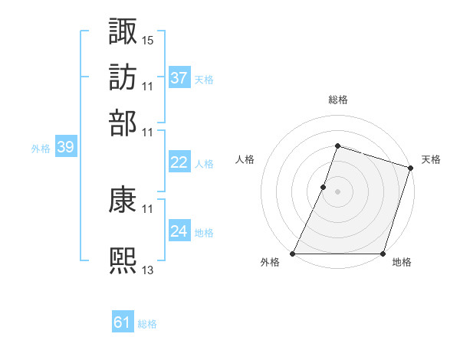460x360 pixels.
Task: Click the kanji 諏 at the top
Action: (123, 32)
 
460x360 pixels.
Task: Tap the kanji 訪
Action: (123, 78)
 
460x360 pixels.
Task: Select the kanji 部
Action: (123, 123)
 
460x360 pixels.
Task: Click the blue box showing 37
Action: (179, 77)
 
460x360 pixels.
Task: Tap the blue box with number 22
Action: (179, 162)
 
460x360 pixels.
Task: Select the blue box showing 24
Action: (179, 231)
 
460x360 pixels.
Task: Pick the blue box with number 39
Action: (65, 148)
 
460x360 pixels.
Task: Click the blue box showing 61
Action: (123, 322)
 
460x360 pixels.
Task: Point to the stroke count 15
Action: (148, 38)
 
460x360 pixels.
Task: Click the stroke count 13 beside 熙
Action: (148, 268)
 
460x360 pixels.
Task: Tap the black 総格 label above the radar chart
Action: (337, 100)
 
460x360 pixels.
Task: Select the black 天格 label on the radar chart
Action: (431, 159)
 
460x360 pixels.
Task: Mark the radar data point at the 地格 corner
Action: (383, 254)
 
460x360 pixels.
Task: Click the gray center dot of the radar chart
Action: (337, 191)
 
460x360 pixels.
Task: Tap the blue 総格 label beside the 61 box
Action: (147, 324)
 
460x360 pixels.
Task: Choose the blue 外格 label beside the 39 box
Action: (40, 149)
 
